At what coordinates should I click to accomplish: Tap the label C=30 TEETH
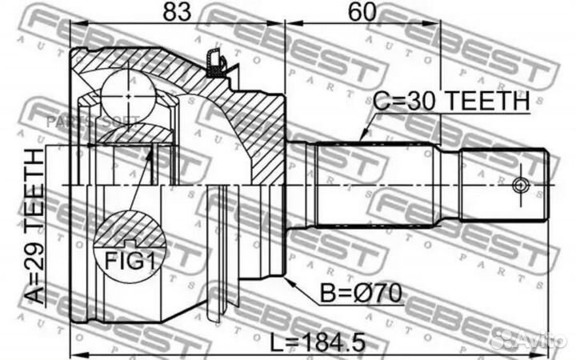[452, 102]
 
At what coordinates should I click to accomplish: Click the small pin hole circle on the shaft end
[522, 186]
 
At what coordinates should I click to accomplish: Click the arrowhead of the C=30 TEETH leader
[362, 139]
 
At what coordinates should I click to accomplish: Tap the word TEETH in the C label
[490, 102]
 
